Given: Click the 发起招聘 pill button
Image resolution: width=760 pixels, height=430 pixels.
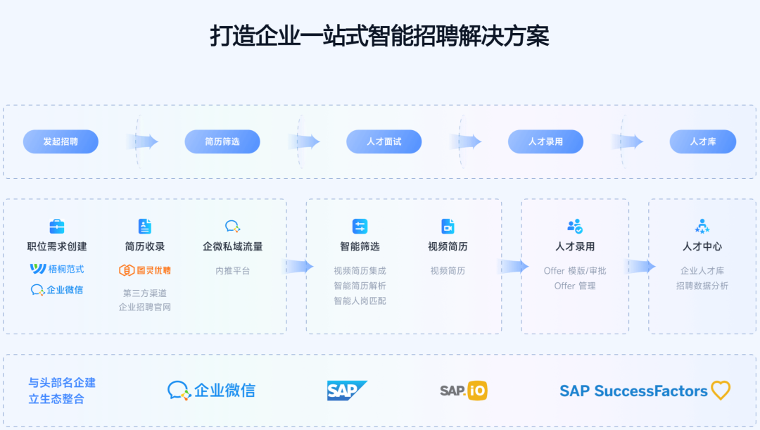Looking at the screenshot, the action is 61,141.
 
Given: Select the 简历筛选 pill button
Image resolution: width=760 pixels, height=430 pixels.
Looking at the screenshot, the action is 222,141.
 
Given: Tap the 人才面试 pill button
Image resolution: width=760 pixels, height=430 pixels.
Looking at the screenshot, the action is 384,141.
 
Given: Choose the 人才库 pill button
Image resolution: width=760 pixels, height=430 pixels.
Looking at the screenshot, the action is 703,141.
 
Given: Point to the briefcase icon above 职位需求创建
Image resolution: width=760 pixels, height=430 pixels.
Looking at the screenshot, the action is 57,226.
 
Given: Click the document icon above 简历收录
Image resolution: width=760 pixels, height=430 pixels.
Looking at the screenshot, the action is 144,226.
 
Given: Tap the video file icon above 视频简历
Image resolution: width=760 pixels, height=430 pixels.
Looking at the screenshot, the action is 448,226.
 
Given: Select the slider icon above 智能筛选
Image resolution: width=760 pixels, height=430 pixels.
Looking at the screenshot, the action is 360,226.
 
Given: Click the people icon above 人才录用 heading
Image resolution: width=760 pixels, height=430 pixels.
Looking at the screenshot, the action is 575,226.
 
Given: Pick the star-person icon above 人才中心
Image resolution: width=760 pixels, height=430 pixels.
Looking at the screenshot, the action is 702,226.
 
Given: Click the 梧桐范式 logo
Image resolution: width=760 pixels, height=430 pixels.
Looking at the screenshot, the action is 57,269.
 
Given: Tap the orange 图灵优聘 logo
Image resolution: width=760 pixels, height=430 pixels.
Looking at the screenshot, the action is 144,270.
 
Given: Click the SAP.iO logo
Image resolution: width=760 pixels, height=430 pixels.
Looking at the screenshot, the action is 463,391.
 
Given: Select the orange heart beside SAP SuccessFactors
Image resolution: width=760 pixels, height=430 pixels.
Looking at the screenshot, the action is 721,391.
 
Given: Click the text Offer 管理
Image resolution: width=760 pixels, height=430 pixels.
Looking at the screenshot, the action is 575,286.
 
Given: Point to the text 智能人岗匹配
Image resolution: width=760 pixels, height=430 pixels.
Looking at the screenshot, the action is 360,301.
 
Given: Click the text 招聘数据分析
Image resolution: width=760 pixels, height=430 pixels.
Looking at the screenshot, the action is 702,286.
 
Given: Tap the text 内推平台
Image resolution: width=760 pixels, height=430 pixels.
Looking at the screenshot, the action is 233,271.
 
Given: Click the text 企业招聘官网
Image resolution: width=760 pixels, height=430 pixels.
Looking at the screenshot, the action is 144,308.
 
